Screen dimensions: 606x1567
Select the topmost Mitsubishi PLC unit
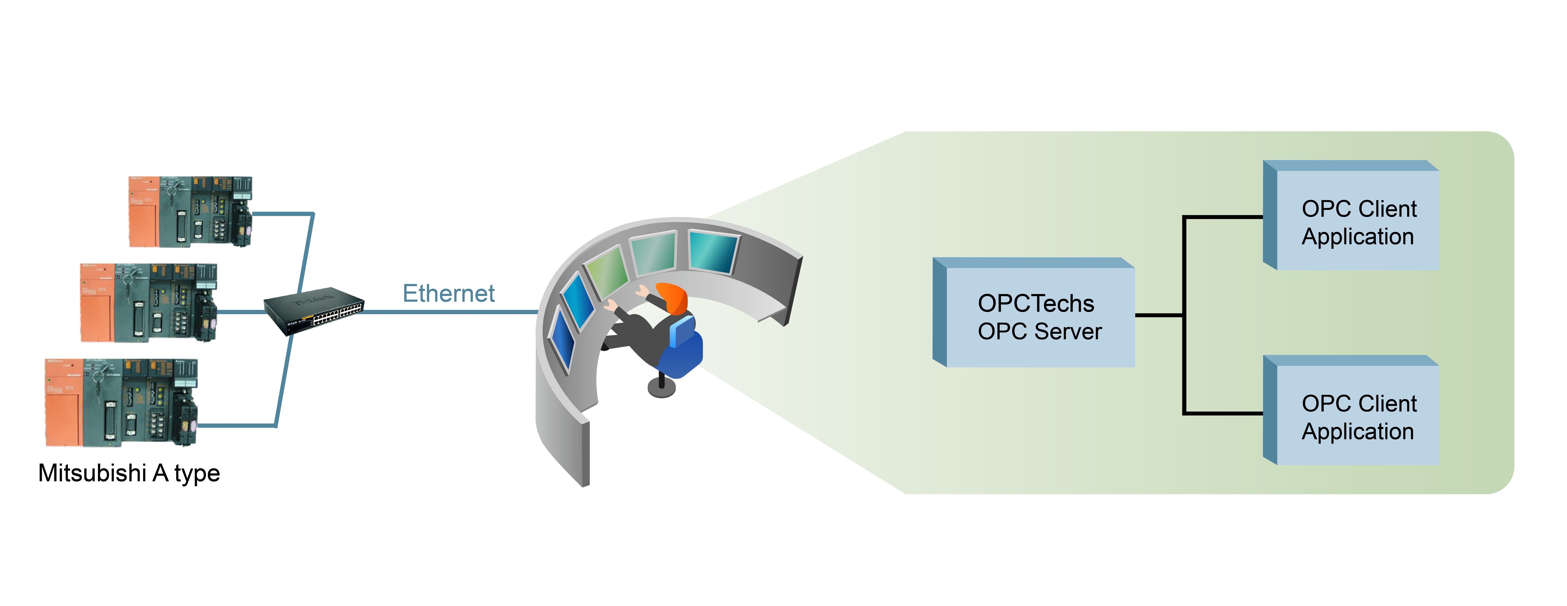coord(190,212)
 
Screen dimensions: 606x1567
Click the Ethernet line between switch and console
coord(450,312)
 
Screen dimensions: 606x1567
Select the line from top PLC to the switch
coord(307,249)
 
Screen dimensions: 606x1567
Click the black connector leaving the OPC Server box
coord(1159,315)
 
